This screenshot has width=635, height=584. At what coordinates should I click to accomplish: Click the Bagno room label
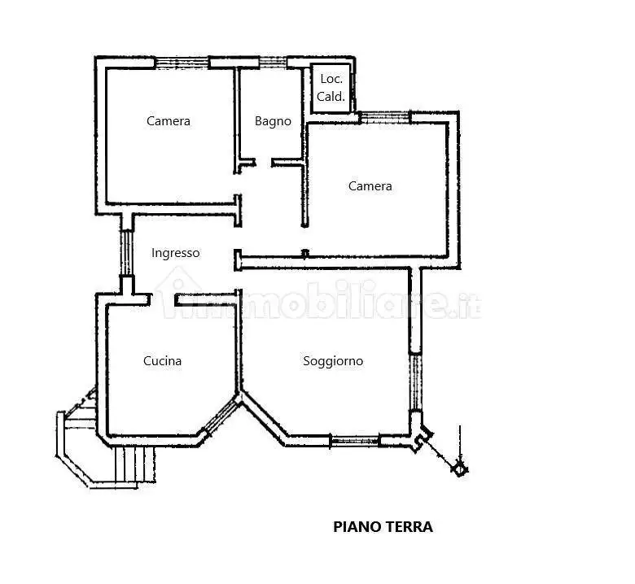pyautogui.click(x=273, y=121)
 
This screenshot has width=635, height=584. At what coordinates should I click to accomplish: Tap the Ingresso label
pyautogui.click(x=175, y=253)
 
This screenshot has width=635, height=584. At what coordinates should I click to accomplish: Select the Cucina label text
pyautogui.click(x=162, y=360)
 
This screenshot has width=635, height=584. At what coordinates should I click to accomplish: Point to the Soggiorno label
pyautogui.click(x=333, y=360)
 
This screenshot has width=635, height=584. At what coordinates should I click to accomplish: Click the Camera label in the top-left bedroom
pyautogui.click(x=169, y=121)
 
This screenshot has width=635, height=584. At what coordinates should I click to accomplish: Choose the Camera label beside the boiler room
pyautogui.click(x=370, y=186)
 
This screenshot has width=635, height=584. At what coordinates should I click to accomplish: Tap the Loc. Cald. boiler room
pyautogui.click(x=331, y=87)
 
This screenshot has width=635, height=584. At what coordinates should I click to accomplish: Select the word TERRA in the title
pyautogui.click(x=408, y=526)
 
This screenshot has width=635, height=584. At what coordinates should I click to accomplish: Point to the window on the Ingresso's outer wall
pyautogui.click(x=126, y=253)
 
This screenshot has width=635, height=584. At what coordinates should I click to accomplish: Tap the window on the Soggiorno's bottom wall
pyautogui.click(x=354, y=442)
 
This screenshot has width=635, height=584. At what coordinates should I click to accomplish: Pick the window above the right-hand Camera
pyautogui.click(x=384, y=118)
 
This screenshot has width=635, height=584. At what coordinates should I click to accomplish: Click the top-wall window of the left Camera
pyautogui.click(x=182, y=62)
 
